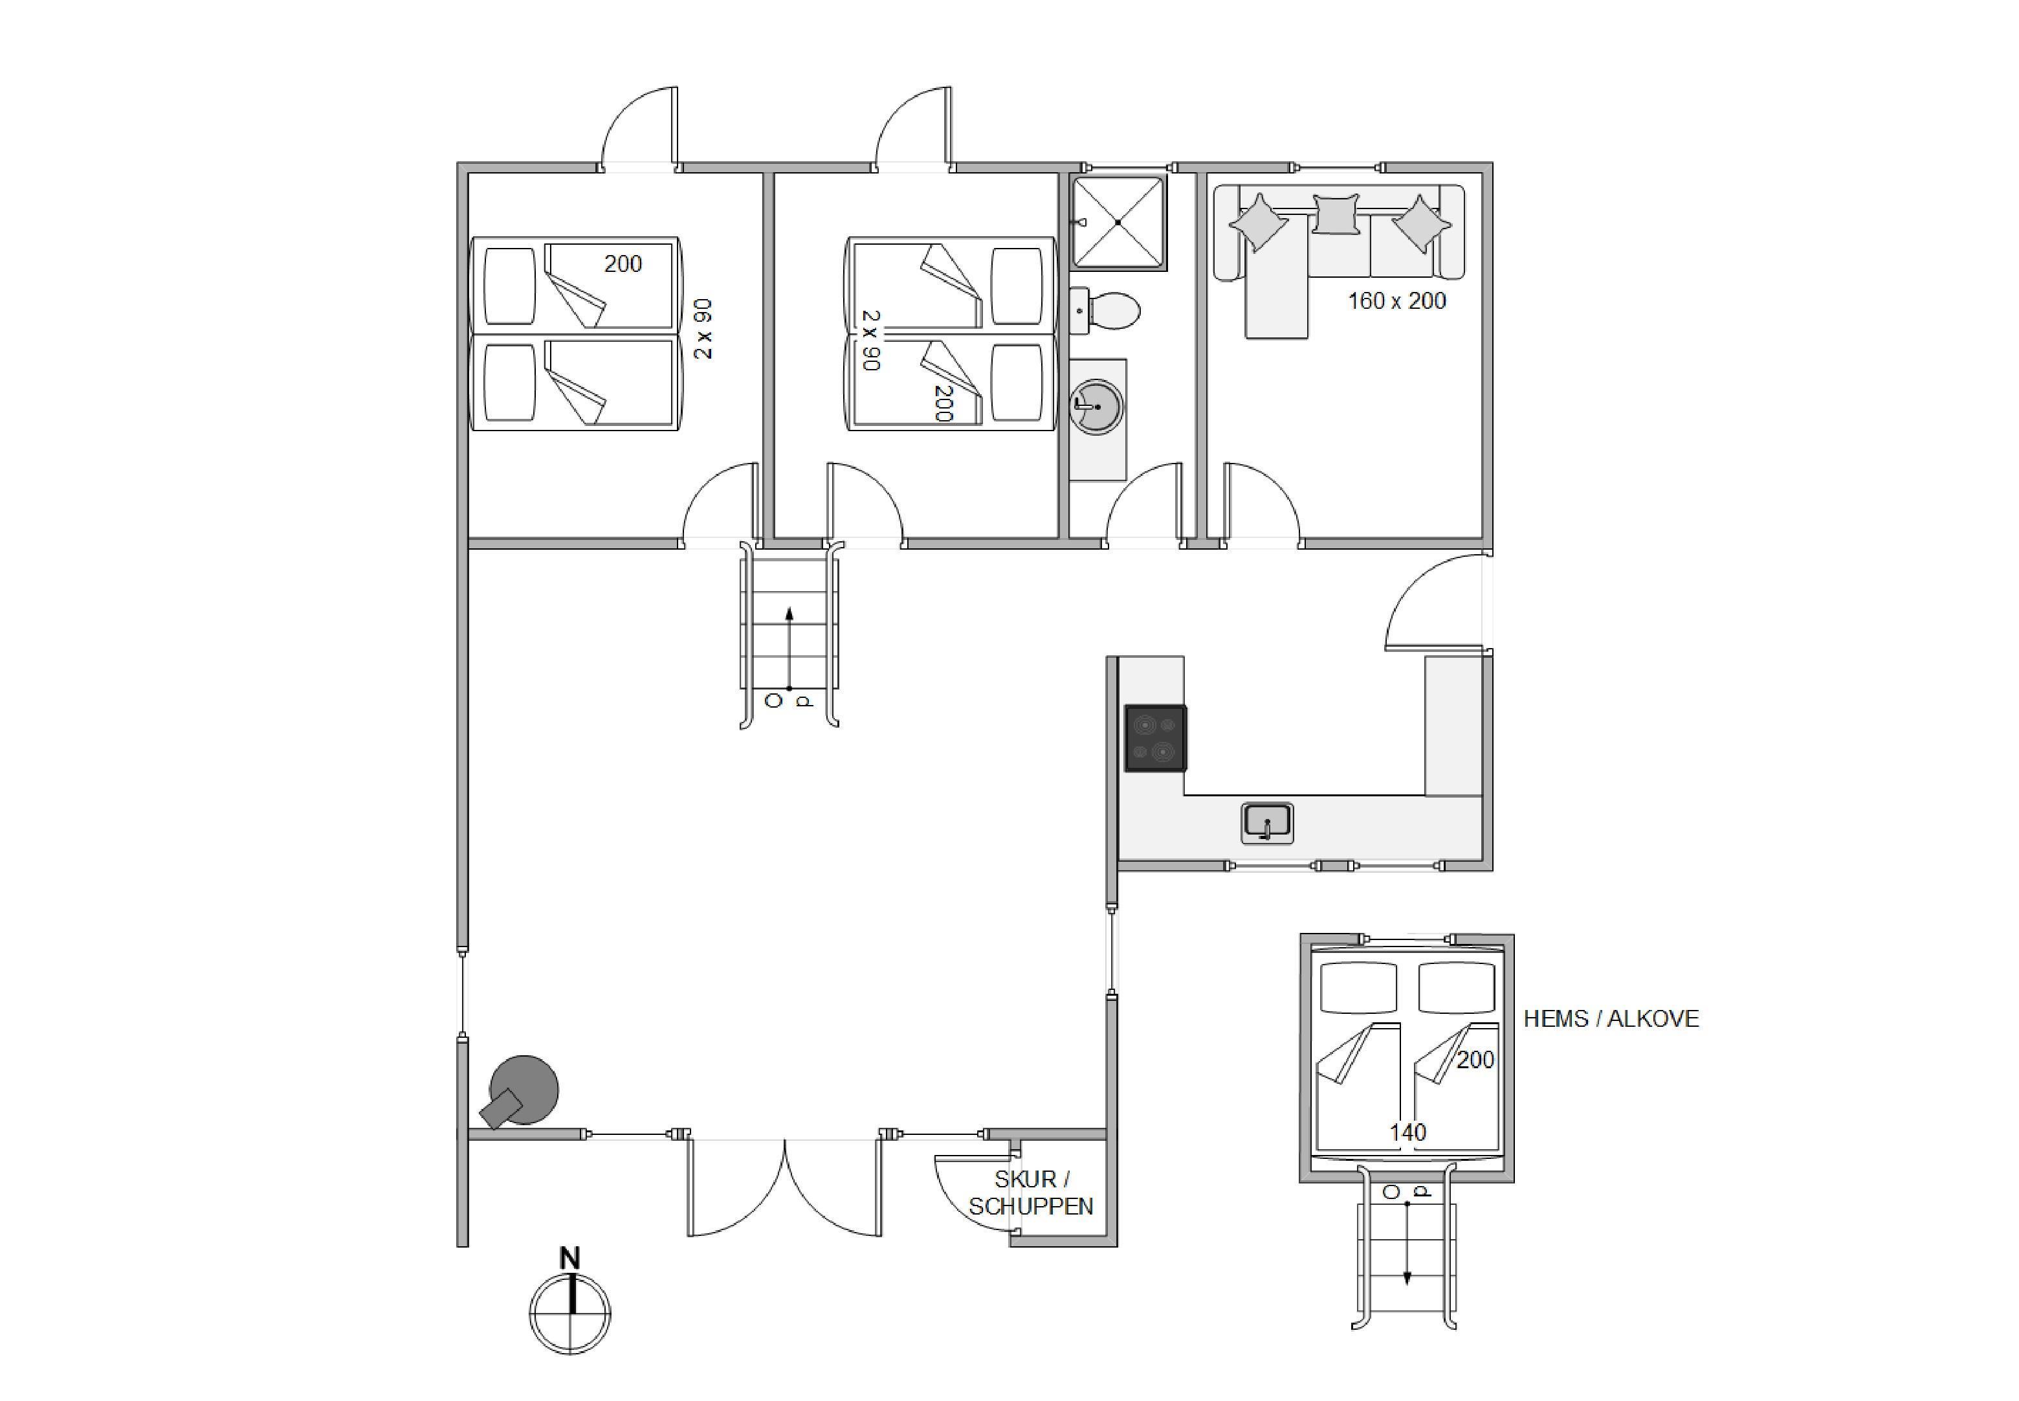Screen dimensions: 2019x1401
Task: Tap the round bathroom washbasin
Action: tap(1096, 407)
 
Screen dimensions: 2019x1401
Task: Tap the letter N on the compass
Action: tap(570, 1259)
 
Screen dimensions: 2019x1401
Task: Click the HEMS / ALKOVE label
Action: tap(1611, 1018)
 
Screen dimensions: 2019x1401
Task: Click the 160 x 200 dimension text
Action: tap(1397, 301)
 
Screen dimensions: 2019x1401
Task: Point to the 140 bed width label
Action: tap(1407, 1132)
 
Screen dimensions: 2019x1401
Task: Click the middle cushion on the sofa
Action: tap(1336, 213)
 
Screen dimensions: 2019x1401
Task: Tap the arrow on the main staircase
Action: tap(789, 649)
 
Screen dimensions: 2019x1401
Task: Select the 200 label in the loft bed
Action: tap(1475, 1060)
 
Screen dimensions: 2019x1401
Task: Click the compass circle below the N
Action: tap(570, 1314)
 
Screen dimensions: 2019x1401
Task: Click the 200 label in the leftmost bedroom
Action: tap(623, 263)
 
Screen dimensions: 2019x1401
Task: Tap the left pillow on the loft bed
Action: tap(1358, 987)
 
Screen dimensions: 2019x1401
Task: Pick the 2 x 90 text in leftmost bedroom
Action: tap(703, 329)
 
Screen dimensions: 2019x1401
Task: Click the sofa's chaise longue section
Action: tap(1277, 274)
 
